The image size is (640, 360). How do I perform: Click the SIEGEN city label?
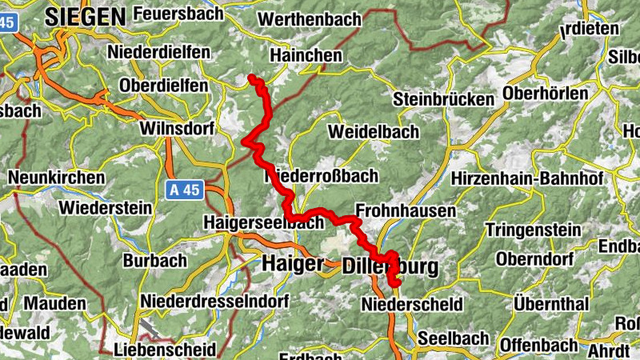click(x=86, y=15)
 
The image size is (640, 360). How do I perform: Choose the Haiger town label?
click(x=293, y=263)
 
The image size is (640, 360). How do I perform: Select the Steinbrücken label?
click(x=444, y=99)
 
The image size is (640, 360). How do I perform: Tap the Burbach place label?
click(x=154, y=261)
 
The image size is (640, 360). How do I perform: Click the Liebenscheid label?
click(x=165, y=350)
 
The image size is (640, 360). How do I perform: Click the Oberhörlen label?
click(x=546, y=94)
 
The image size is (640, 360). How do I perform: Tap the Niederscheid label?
click(x=412, y=305)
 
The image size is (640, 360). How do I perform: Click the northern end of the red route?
click(x=252, y=78)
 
